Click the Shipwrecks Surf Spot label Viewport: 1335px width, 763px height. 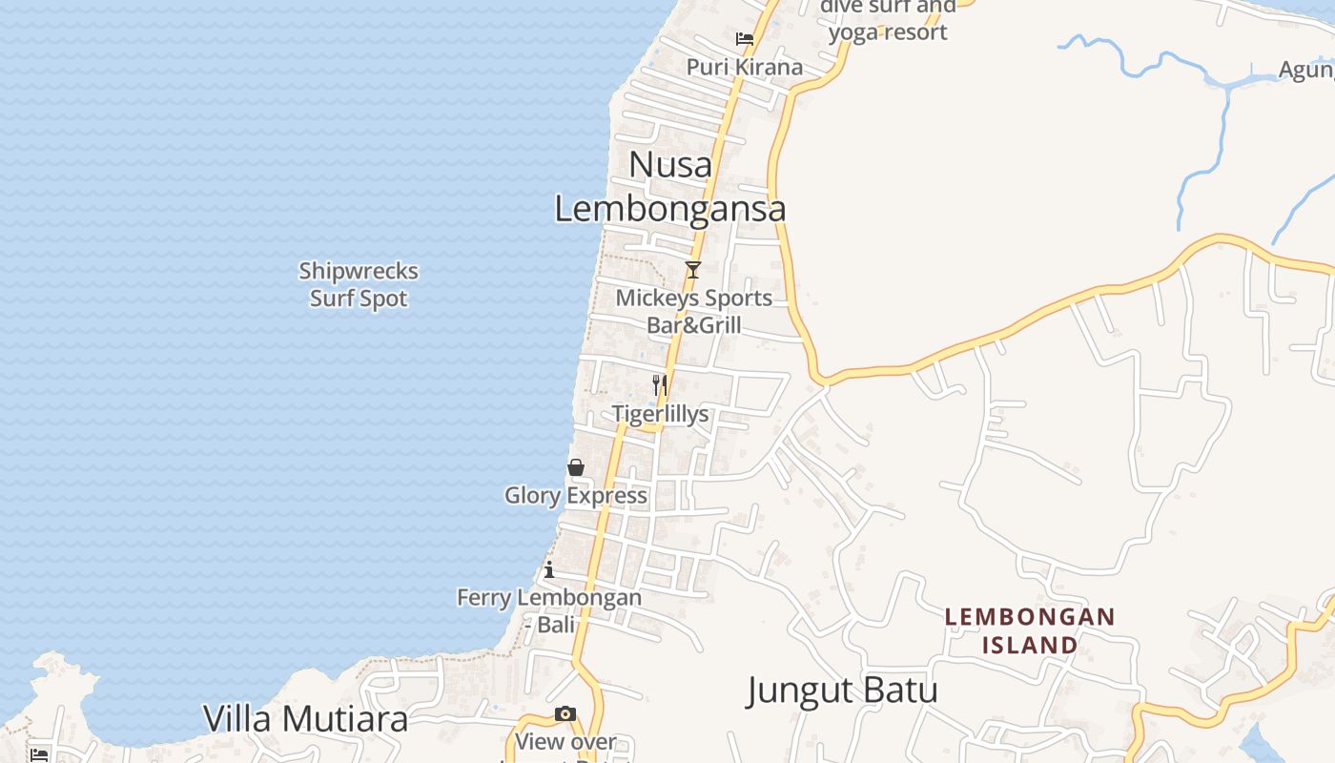359,284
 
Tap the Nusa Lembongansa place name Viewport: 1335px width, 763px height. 670,187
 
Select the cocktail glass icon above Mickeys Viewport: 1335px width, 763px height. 693,270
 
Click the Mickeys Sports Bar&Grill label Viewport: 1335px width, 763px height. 694,311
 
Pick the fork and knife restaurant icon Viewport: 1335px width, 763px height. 659,385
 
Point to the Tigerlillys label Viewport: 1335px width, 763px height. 660,414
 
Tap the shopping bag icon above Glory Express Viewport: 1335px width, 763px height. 576,467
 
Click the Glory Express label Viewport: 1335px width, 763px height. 576,495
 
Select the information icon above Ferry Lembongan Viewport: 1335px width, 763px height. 549,570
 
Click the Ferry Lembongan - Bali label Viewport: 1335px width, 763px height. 549,610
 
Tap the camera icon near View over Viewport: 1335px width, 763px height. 565,714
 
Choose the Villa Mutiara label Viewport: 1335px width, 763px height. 305,719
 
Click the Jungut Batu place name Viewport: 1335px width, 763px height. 842,690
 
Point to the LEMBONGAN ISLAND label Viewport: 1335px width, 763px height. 1030,630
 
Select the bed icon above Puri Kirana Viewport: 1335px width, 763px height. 745,39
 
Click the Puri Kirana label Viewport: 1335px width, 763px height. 745,67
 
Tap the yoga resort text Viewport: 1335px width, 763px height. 888,31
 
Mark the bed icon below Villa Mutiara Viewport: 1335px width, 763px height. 39,754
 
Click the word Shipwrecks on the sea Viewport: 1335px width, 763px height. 359,271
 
